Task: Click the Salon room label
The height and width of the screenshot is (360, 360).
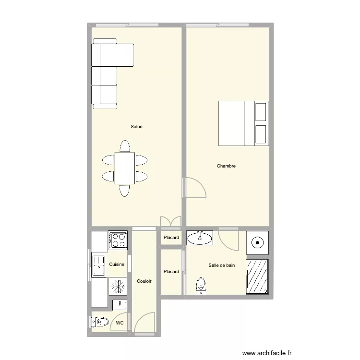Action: (x=137, y=127)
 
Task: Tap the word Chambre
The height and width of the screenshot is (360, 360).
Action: (x=226, y=166)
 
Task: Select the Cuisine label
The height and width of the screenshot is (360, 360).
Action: (x=117, y=264)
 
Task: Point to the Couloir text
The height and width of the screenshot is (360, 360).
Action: (x=144, y=281)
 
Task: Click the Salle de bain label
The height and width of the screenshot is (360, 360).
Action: (x=222, y=265)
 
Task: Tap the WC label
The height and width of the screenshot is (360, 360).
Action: (x=120, y=324)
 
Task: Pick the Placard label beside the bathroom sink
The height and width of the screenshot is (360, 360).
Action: (x=171, y=238)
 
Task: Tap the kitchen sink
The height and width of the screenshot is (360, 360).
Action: (x=99, y=265)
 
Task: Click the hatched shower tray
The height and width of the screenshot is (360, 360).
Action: (x=258, y=276)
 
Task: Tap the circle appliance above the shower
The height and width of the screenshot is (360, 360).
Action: (x=258, y=242)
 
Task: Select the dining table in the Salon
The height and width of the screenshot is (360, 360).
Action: (x=125, y=168)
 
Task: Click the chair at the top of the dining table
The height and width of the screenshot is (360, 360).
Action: (x=125, y=146)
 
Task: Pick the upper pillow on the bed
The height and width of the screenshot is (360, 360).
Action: (x=261, y=111)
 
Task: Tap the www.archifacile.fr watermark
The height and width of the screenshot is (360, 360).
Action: (x=267, y=353)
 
